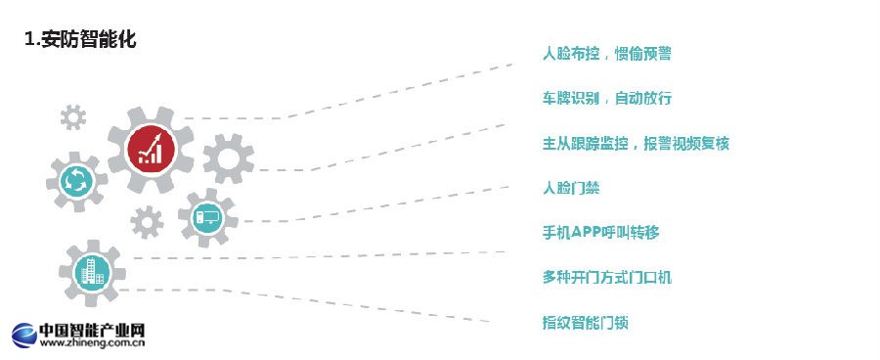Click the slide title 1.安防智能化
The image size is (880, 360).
point(80,39)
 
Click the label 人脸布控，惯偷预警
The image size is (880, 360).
point(606,54)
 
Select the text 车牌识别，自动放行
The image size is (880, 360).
point(606,99)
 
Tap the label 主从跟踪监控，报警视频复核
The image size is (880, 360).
point(636,144)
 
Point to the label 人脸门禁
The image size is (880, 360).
point(571,188)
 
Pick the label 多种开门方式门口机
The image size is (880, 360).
point(606,277)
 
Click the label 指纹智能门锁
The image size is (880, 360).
point(585,321)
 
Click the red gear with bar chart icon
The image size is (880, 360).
point(151,150)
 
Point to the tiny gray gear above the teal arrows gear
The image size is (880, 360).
point(72,118)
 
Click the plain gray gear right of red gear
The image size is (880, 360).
point(228,158)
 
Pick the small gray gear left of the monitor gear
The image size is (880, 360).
point(147,223)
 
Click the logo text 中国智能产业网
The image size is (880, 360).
point(92,330)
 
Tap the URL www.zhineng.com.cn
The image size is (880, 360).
point(92,343)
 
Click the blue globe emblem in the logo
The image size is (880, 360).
point(23,335)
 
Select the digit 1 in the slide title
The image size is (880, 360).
point(29,39)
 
